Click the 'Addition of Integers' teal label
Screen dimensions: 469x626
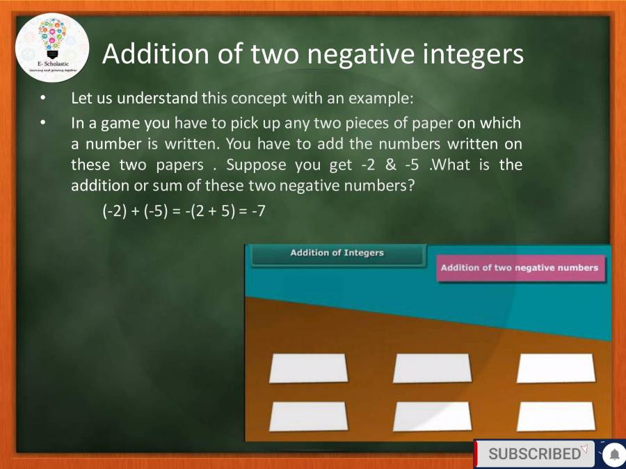coord(337,254)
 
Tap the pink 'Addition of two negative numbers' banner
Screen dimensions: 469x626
coord(520,268)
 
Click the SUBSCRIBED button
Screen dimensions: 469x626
coord(534,454)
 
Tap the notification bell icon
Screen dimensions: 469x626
coord(614,454)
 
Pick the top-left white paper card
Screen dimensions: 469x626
coord(308,368)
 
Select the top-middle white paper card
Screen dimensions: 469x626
coord(432,368)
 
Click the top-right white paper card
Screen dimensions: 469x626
coord(556,368)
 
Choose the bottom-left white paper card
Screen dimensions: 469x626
coord(308,416)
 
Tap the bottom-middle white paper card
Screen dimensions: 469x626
coord(432,416)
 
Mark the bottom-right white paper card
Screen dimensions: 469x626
coord(556,416)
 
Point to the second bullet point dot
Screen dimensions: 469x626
coord(44,123)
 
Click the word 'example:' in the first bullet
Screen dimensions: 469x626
coord(385,99)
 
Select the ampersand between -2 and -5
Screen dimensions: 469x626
coord(390,166)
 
